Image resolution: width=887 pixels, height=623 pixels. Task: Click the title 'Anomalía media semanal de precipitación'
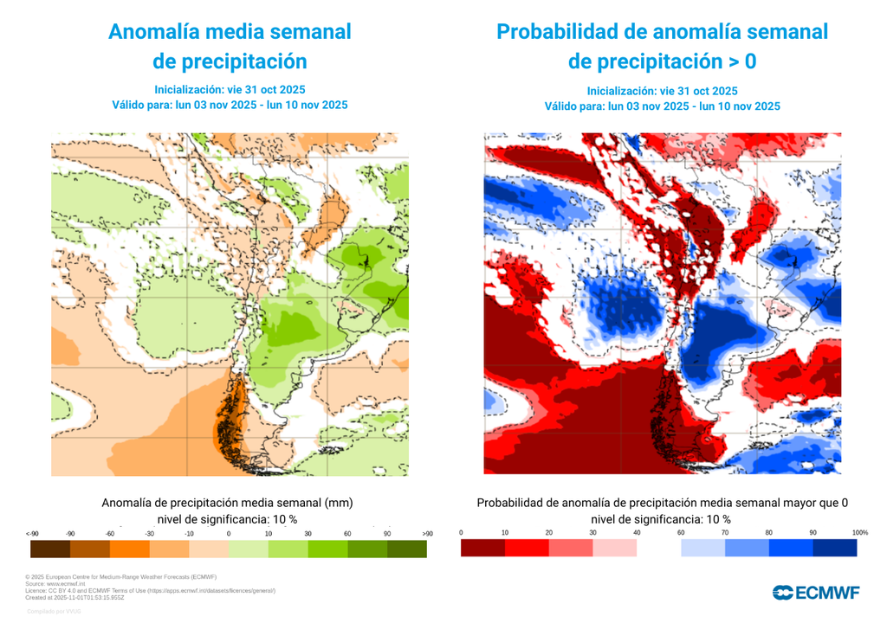(230, 46)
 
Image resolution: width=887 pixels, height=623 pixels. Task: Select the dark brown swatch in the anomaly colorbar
(49, 549)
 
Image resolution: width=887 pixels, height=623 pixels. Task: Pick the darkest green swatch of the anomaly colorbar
(407, 549)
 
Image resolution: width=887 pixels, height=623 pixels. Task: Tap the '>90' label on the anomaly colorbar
(426, 533)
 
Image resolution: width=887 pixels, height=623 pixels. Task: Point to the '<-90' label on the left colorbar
(31, 533)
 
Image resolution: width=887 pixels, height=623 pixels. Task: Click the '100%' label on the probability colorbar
(859, 532)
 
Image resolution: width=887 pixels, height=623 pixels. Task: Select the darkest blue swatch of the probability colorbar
(835, 548)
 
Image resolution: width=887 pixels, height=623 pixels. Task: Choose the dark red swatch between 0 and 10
(482, 548)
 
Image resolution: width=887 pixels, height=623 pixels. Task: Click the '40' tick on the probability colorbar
(637, 532)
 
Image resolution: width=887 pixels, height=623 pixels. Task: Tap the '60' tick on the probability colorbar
(681, 532)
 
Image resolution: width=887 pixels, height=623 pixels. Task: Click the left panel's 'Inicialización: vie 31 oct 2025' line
(230, 89)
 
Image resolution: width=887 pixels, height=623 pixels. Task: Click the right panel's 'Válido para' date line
(662, 106)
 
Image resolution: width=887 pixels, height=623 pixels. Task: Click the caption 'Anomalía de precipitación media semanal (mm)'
(227, 502)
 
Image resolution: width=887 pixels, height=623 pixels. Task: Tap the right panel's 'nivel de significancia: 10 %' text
(662, 519)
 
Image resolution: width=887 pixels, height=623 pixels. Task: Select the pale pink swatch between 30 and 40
(615, 548)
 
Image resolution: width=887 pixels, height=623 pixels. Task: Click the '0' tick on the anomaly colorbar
(229, 533)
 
